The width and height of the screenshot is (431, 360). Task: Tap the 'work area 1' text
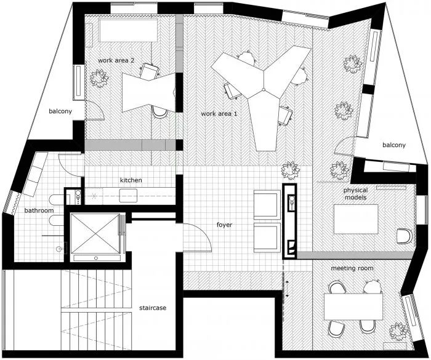(219, 114)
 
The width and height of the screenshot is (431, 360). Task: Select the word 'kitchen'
(131, 180)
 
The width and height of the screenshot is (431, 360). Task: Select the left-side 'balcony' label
(61, 111)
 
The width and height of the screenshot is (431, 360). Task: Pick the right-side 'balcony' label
(393, 145)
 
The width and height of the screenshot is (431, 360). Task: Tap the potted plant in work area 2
(97, 78)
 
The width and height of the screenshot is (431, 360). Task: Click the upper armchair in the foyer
(267, 204)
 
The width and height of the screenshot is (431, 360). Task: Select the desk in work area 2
(147, 91)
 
